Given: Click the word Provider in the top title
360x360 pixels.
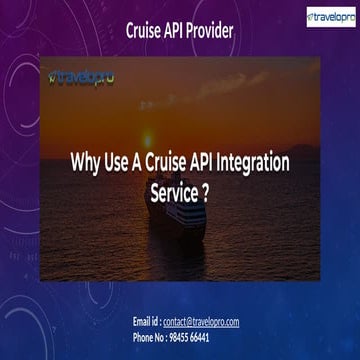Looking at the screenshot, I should (x=205, y=31).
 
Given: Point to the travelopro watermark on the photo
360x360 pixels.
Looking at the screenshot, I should (x=80, y=74).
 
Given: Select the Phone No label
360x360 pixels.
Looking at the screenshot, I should (x=156, y=337).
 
